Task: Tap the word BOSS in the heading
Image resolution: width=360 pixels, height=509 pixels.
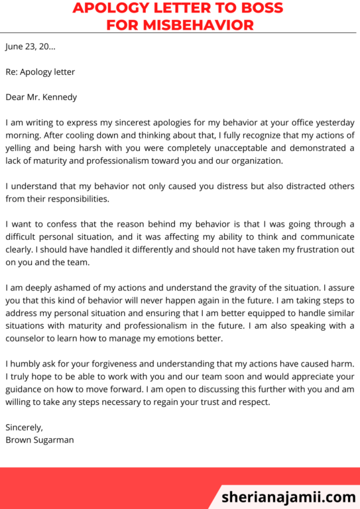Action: coord(256,8)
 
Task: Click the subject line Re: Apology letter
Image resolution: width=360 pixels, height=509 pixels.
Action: coord(40,72)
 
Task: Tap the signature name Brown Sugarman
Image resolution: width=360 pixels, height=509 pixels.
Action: coord(40,439)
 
